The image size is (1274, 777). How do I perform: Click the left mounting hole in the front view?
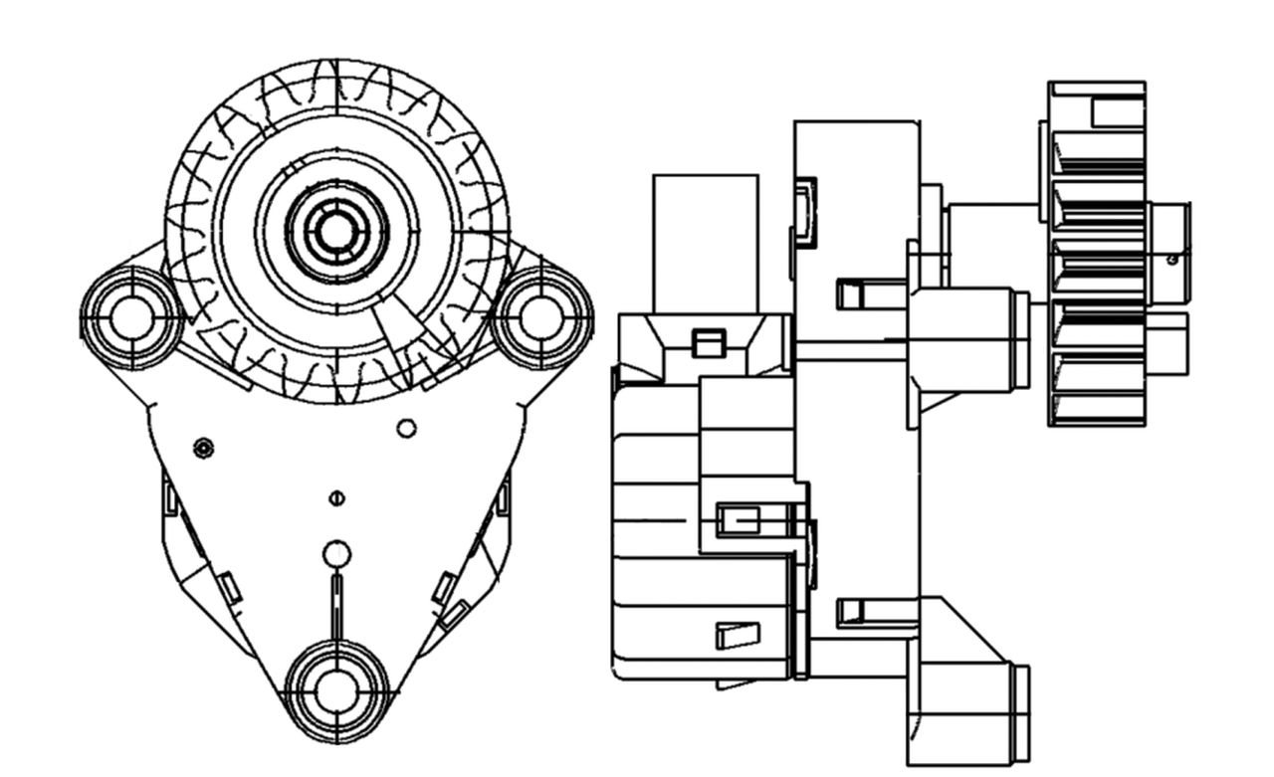(x=131, y=317)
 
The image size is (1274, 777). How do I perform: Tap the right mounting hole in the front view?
(x=541, y=317)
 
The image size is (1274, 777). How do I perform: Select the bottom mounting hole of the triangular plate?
(x=336, y=691)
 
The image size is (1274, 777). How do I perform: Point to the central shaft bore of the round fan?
(x=336, y=231)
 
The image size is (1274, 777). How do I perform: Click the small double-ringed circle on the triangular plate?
(x=203, y=448)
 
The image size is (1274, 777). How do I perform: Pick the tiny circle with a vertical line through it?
(x=336, y=497)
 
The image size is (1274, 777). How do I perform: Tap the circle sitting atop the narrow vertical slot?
(x=337, y=553)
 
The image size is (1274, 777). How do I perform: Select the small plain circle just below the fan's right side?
(x=406, y=428)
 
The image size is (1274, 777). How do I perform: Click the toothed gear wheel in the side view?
(x=1097, y=254)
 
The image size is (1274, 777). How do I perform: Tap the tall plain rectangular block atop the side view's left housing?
(x=705, y=243)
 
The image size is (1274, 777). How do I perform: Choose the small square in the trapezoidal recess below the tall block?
(x=707, y=343)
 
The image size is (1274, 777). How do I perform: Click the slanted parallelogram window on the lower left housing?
(x=738, y=635)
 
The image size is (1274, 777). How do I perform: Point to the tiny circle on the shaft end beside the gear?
(x=1172, y=259)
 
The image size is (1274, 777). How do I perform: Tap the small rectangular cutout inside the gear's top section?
(x=1117, y=112)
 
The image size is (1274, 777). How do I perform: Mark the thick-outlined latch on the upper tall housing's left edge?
(x=805, y=211)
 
